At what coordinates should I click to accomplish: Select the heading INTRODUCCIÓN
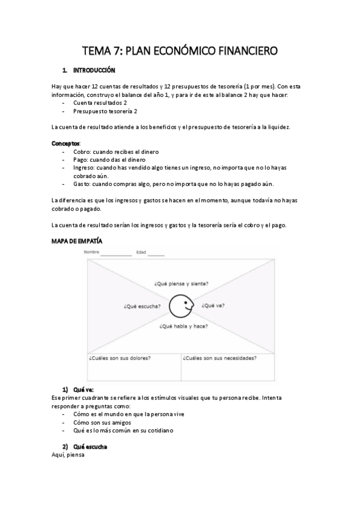(x=94, y=70)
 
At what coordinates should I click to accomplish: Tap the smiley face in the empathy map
(x=180, y=306)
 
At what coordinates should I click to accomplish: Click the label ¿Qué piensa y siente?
(x=181, y=284)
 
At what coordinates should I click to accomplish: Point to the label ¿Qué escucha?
(x=142, y=306)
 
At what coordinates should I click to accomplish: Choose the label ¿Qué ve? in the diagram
(x=213, y=306)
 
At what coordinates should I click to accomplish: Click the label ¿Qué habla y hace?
(x=184, y=326)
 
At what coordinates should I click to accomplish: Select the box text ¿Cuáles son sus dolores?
(x=120, y=358)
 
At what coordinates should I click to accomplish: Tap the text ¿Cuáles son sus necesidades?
(x=220, y=358)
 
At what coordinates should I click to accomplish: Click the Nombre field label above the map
(x=91, y=252)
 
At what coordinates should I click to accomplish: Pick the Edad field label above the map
(x=141, y=252)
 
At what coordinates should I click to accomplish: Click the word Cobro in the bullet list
(x=82, y=152)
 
